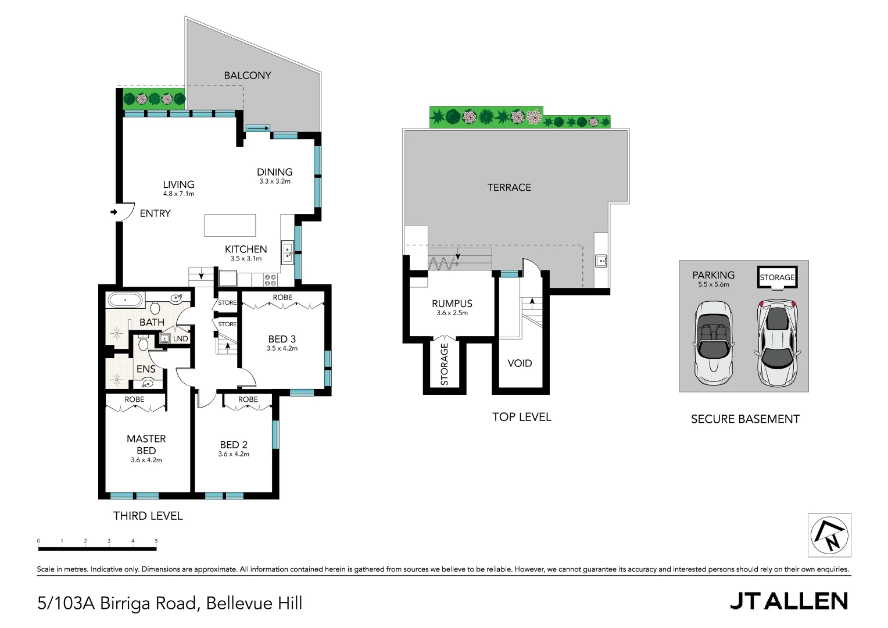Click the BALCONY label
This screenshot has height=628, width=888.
click(x=248, y=76)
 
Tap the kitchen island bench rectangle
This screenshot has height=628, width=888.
click(x=230, y=225)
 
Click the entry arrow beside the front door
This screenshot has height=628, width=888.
click(x=114, y=212)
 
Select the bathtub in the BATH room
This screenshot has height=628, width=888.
click(x=125, y=301)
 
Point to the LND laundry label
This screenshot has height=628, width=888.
click(x=180, y=338)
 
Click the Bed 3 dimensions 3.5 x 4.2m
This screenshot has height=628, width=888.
click(x=282, y=348)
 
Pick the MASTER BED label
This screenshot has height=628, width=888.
click(x=146, y=444)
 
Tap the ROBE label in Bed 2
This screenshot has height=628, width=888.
click(x=248, y=399)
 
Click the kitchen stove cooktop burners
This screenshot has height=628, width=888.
click(x=270, y=280)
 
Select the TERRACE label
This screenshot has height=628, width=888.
click(x=509, y=187)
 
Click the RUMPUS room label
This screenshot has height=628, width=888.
click(x=452, y=304)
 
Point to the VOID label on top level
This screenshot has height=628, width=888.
click(x=520, y=363)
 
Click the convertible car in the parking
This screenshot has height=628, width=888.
click(x=714, y=343)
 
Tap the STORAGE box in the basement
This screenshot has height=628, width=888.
click(x=777, y=277)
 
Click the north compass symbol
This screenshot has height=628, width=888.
click(x=829, y=536)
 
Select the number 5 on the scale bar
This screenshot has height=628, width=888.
click(x=156, y=541)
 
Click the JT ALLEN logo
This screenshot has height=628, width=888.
click(x=789, y=601)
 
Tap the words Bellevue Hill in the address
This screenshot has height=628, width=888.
click(x=254, y=603)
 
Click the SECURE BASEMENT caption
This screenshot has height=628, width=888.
click(x=745, y=419)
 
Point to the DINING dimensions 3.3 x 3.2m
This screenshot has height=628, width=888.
click(x=275, y=181)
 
